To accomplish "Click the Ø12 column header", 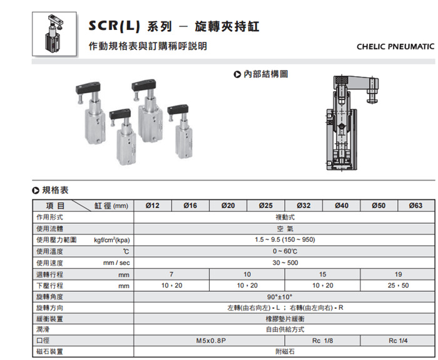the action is (152, 206).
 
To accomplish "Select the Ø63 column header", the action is (415, 206).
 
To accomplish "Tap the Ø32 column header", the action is (303, 206).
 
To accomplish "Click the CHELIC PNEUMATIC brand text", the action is (395, 46).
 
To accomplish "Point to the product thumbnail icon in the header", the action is (54, 34).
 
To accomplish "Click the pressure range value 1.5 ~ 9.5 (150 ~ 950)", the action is (285, 240).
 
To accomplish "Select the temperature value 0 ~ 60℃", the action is (285, 251).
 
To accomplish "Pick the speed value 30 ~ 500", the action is (285, 263).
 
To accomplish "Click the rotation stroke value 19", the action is (398, 274).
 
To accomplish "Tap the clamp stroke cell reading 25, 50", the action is (398, 286).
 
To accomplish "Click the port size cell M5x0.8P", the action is (211, 341).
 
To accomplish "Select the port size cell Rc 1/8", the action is (322, 341).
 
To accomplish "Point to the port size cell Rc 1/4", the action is (398, 341).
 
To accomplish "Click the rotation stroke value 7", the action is (171, 274).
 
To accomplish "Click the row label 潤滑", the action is (43, 329).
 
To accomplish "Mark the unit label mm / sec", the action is (116, 263).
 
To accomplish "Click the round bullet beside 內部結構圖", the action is (237, 74).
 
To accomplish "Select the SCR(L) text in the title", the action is (114, 26).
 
